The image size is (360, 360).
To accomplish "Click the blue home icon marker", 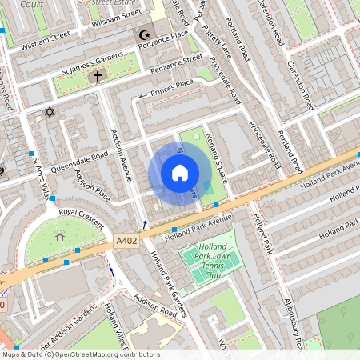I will tap(180, 173).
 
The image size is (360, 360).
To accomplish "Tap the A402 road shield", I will tap(126, 239).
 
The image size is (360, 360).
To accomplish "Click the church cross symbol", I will tap(98, 78).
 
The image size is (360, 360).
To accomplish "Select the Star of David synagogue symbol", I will tap(49, 113).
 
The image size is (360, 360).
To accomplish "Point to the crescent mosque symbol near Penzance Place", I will tap(145, 35).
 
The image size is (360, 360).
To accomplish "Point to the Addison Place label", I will tap(91, 186).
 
